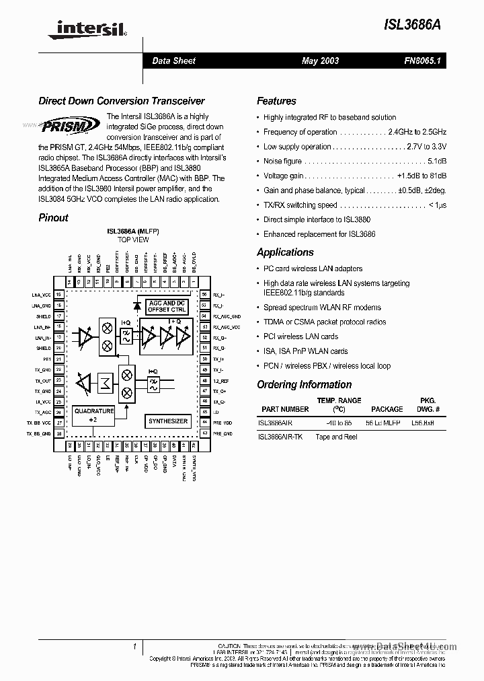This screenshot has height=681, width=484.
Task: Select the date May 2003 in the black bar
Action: (321, 61)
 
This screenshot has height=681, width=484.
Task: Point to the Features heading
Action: (276, 101)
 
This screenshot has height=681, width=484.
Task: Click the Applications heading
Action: (285, 252)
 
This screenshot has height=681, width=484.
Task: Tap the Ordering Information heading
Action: (304, 385)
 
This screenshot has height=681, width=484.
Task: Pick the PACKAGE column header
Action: (387, 409)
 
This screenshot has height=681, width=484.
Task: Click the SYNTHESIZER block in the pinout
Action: (168, 421)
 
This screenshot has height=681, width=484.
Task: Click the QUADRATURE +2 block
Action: (93, 415)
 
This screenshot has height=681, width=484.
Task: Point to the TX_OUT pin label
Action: (43, 380)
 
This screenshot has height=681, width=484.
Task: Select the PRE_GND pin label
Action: (222, 434)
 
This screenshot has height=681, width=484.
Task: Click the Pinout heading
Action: (53, 217)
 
